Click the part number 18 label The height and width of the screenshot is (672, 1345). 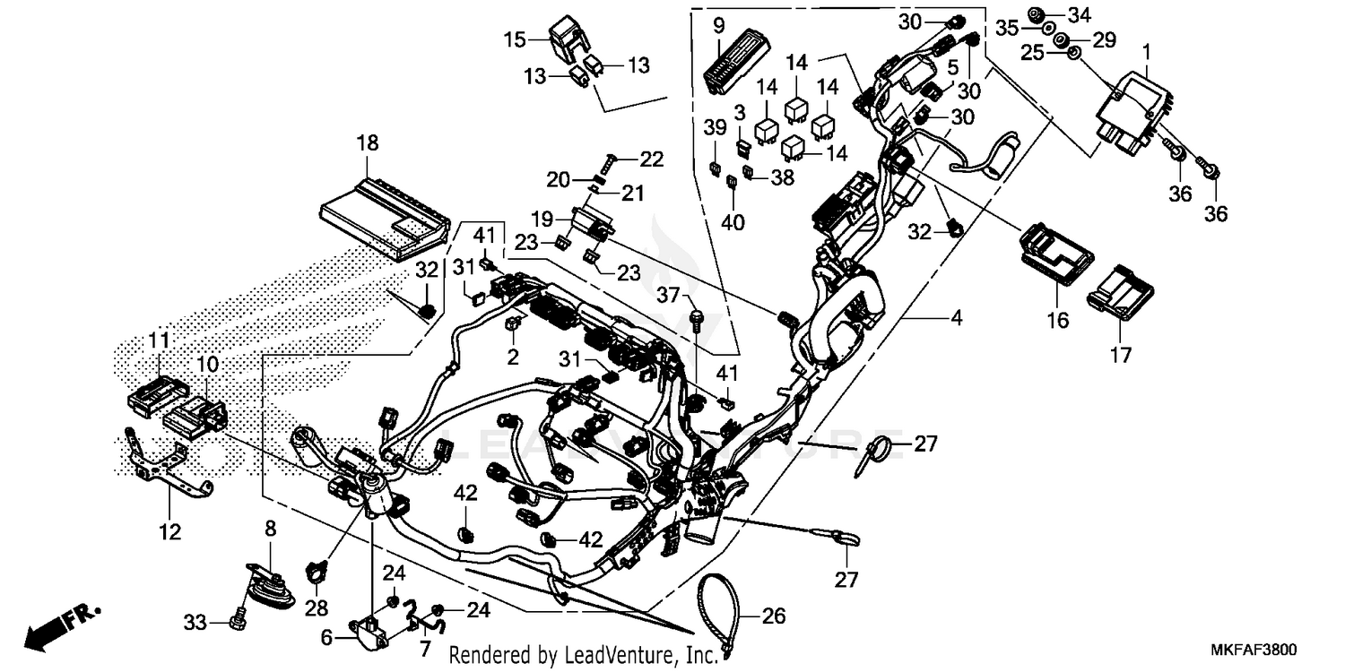[367, 143]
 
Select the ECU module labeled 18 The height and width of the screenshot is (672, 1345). [384, 219]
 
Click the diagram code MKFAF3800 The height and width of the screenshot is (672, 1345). [1269, 649]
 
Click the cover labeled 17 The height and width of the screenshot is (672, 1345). [1120, 288]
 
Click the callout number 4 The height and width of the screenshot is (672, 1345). [956, 318]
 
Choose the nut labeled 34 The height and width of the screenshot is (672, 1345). [1035, 14]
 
